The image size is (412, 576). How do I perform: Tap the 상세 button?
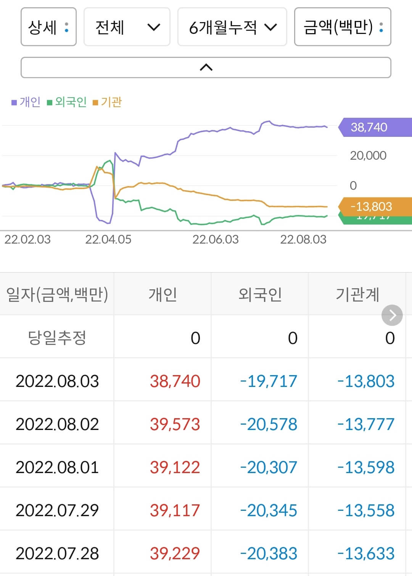pyautogui.click(x=48, y=27)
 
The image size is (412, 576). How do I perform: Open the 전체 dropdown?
pyautogui.click(x=127, y=27)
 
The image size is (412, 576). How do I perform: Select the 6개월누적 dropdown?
pyautogui.click(x=232, y=27)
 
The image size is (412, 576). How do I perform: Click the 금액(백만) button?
pyautogui.click(x=342, y=27)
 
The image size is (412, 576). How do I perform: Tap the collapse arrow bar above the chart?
pyautogui.click(x=206, y=67)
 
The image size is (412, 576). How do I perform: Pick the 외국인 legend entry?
pyautogui.click(x=67, y=102)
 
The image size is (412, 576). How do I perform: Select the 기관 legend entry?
pyautogui.click(x=108, y=102)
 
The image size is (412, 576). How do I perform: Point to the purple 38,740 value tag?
pyautogui.click(x=369, y=127)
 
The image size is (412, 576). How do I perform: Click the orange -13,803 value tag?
pyautogui.click(x=371, y=207)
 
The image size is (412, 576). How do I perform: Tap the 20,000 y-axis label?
pyautogui.click(x=368, y=156)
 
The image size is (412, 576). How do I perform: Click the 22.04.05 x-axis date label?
pyautogui.click(x=108, y=239)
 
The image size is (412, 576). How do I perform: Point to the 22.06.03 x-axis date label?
pyautogui.click(x=215, y=239)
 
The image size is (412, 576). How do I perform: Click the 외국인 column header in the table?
pyautogui.click(x=260, y=294)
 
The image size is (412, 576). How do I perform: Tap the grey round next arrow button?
pyautogui.click(x=392, y=315)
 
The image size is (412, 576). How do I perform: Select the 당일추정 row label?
pyautogui.click(x=57, y=338)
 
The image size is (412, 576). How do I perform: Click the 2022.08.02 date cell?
pyautogui.click(x=57, y=424)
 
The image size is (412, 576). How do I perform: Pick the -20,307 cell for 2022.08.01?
pyautogui.click(x=268, y=467)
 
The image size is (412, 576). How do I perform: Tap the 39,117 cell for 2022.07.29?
pyautogui.click(x=175, y=510)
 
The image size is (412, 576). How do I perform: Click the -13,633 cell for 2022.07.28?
pyautogui.click(x=365, y=553)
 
